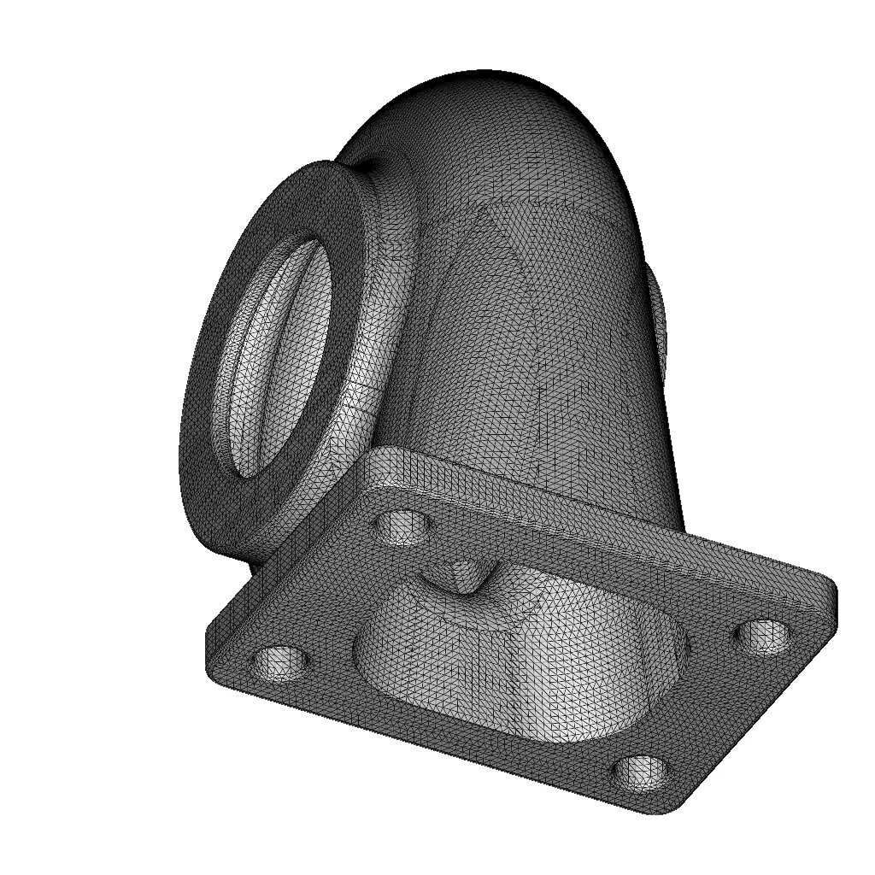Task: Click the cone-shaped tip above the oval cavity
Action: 467,582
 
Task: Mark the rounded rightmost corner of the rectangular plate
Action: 829,590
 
